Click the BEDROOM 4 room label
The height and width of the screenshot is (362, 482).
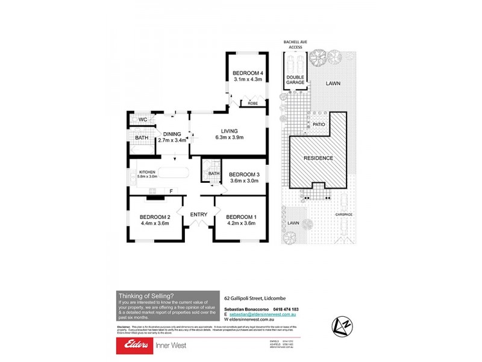pyautogui.click(x=248, y=73)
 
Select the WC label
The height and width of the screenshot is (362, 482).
pyautogui.click(x=143, y=119)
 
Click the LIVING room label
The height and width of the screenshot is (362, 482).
pyautogui.click(x=229, y=130)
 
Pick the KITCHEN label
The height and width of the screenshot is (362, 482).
pyautogui.click(x=148, y=171)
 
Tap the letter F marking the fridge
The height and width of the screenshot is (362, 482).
pyautogui.click(x=171, y=191)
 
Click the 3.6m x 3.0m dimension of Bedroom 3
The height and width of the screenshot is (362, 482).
pyautogui.click(x=243, y=180)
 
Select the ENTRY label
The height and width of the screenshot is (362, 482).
pyautogui.click(x=199, y=214)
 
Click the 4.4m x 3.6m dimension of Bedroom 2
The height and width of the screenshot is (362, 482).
pyautogui.click(x=154, y=223)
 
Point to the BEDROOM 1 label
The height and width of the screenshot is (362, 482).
pyautogui.click(x=241, y=217)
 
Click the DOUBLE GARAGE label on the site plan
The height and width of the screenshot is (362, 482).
pyautogui.click(x=295, y=79)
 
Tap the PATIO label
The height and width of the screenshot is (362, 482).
pyautogui.click(x=319, y=124)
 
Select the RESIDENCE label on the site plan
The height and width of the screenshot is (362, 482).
pyautogui.click(x=318, y=158)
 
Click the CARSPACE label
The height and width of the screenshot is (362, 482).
pyautogui.click(x=344, y=215)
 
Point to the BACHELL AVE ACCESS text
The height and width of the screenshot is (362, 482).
pyautogui.click(x=295, y=45)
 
